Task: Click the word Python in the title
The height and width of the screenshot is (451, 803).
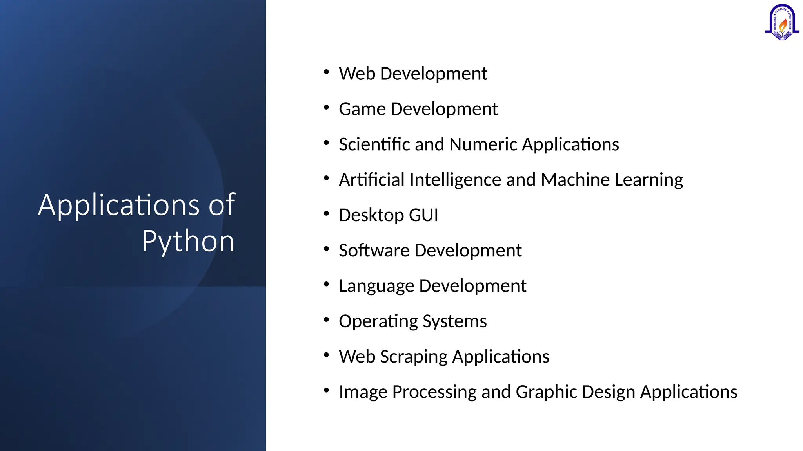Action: point(188,241)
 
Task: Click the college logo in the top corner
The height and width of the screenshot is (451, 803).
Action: point(782,23)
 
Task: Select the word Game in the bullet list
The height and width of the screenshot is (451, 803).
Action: point(362,109)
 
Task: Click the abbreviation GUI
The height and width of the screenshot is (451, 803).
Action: point(423,215)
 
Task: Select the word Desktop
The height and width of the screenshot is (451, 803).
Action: point(371,215)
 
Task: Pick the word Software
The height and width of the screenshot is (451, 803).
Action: point(374,250)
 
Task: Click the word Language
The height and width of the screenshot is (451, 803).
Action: point(376,286)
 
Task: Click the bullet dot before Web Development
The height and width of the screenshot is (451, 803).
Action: point(326,72)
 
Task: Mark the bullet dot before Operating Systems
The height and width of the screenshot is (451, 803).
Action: point(326,320)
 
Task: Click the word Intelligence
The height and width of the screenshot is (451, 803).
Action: point(455,180)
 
